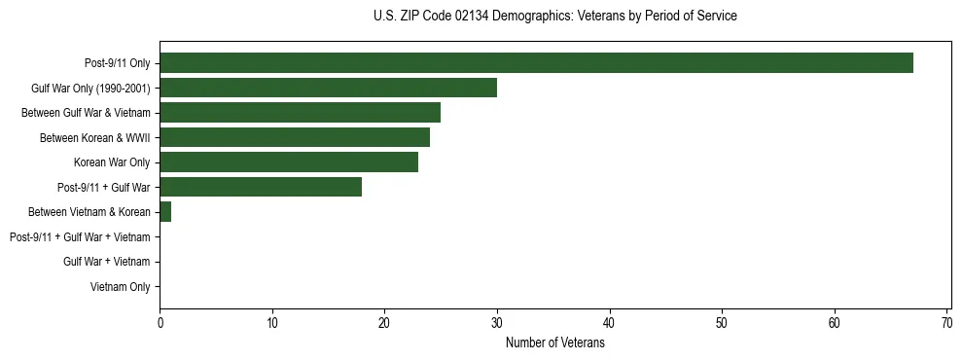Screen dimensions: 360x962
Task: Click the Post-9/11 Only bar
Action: [x=536, y=63]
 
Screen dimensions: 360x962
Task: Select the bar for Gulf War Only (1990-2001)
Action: [x=328, y=89]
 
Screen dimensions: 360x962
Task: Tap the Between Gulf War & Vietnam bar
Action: [x=300, y=113]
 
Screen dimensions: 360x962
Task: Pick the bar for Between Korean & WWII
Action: [x=295, y=137]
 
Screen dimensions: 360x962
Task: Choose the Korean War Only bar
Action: [x=289, y=162]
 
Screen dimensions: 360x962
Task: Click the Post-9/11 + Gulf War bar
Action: [x=261, y=187]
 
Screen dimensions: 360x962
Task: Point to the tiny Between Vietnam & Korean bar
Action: [x=165, y=212]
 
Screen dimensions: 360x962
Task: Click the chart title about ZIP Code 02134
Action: [x=555, y=17]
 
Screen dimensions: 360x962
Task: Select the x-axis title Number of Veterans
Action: [x=555, y=342]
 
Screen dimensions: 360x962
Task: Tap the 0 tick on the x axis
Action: [x=160, y=323]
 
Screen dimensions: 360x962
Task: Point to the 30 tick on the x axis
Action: [x=497, y=323]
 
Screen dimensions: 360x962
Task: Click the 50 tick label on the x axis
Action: [x=722, y=323]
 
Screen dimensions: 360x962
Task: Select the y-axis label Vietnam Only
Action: [x=120, y=286]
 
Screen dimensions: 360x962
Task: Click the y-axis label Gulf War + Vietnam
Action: [x=106, y=262]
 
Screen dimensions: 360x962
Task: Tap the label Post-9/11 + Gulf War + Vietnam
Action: [x=80, y=236]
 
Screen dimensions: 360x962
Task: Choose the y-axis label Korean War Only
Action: [x=112, y=162]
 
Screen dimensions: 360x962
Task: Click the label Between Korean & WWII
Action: [x=94, y=137]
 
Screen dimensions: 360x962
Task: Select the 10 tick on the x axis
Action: [x=272, y=323]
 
